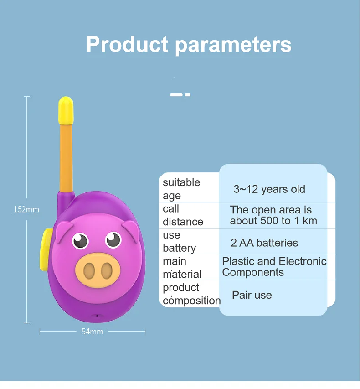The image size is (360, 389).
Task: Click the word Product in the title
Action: pyautogui.click(x=127, y=45)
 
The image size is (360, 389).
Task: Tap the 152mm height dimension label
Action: pyautogui.click(x=26, y=209)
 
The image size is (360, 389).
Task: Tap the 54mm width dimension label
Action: pyautogui.click(x=93, y=332)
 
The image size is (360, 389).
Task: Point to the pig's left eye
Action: pyautogui.click(x=81, y=240)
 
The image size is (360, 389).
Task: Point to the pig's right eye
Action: pyautogui.click(x=113, y=239)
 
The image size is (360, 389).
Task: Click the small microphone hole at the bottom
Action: pyautogui.click(x=97, y=316)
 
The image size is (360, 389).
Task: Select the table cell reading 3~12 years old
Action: pyautogui.click(x=269, y=189)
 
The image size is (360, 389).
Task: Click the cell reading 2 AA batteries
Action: pyautogui.click(x=264, y=243)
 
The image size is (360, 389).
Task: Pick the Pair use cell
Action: pyautogui.click(x=252, y=295)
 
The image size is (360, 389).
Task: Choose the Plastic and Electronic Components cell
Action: pyautogui.click(x=274, y=267)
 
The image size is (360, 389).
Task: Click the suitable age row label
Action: pyautogui.click(x=181, y=189)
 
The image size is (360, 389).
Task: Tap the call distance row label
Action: pyautogui.click(x=183, y=215)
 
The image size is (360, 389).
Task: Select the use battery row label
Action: pyautogui.click(x=179, y=242)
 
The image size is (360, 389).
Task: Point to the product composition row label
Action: pyautogui.click(x=191, y=294)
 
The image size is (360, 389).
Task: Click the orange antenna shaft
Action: pyautogui.click(x=67, y=157)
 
